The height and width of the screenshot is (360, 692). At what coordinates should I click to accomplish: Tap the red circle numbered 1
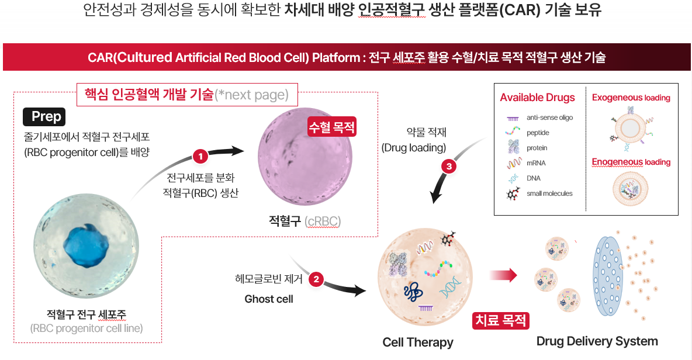click(x=200, y=157)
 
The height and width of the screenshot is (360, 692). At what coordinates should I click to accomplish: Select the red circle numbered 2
click(x=316, y=279)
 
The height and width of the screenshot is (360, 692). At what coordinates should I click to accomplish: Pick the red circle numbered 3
click(x=449, y=167)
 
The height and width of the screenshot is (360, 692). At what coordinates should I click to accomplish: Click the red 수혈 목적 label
click(x=332, y=127)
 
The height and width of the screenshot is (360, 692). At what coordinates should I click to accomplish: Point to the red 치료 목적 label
click(x=501, y=320)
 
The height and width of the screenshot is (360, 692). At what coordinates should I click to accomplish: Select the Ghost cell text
click(x=268, y=299)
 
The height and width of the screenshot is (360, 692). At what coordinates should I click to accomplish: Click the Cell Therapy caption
click(x=418, y=342)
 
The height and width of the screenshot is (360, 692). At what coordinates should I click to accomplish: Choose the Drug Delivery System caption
click(x=597, y=341)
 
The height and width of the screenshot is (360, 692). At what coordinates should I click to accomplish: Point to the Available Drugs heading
click(x=537, y=98)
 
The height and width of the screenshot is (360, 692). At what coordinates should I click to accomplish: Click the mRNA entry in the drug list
click(x=536, y=163)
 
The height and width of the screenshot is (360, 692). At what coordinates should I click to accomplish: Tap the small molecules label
click(x=549, y=193)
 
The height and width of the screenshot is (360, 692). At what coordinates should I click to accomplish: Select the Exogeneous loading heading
click(x=631, y=98)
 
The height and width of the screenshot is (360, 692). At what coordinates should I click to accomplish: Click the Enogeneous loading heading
click(x=631, y=162)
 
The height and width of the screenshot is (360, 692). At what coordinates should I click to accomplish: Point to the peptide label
click(x=538, y=133)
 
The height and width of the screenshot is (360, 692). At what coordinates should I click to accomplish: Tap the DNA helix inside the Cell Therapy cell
click(x=451, y=288)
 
